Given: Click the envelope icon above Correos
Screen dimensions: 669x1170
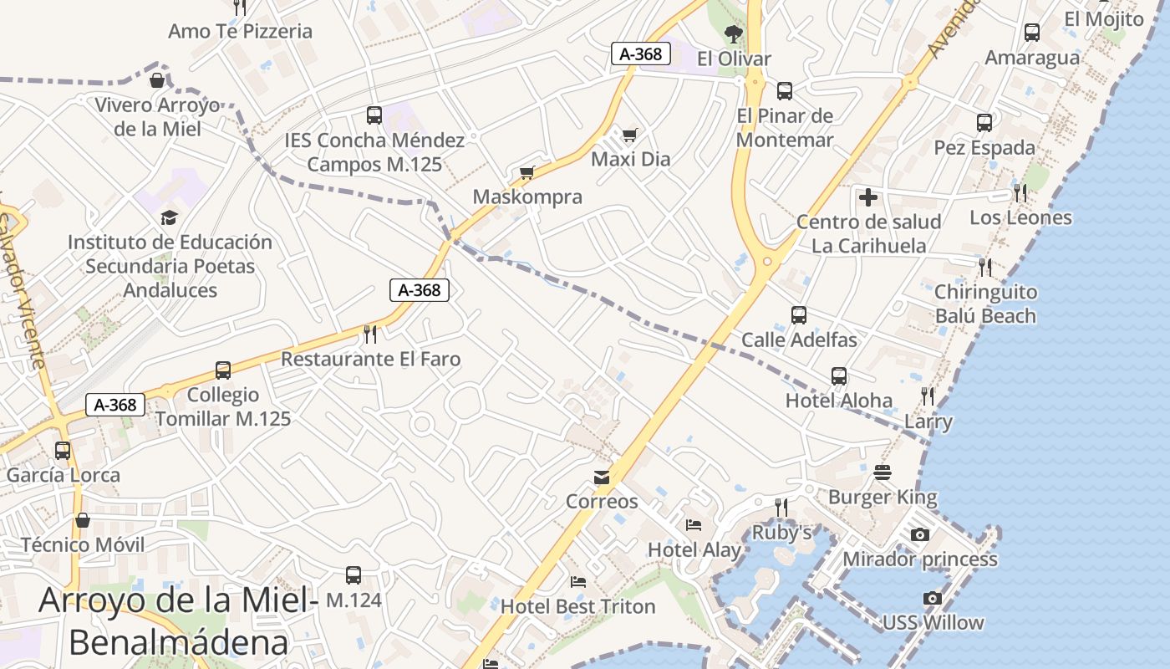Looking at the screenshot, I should click(601, 477).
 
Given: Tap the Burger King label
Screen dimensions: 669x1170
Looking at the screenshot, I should click(883, 498).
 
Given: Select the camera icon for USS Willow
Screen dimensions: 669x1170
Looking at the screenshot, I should click(933, 599).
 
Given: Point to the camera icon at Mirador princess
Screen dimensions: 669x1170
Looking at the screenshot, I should click(919, 535).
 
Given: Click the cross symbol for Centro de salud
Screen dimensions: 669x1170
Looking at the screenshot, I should click(868, 197).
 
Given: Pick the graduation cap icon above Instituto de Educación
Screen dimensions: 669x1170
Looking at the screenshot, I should click(169, 218).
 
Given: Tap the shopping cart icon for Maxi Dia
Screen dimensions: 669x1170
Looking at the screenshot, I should click(630, 135).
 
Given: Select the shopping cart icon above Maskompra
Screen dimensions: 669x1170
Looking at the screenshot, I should click(526, 173).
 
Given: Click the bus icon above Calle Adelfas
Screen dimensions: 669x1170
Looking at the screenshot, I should click(799, 315).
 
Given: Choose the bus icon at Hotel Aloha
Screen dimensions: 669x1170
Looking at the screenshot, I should click(839, 376).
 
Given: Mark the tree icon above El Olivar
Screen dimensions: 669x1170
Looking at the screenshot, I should click(734, 34).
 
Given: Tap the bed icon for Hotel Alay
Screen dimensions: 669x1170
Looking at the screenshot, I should click(694, 525).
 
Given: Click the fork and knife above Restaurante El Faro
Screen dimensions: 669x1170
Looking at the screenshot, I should click(370, 334).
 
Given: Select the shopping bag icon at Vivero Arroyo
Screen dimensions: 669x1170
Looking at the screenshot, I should click(156, 80).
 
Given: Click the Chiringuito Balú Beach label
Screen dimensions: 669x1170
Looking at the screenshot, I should click(985, 304).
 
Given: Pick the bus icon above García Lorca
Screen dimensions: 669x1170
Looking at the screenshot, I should click(63, 451).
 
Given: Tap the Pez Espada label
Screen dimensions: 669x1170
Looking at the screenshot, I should click(984, 148).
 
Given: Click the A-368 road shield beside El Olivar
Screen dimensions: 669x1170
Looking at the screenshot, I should click(641, 54).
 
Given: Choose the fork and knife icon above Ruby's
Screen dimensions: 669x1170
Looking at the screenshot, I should click(781, 507).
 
